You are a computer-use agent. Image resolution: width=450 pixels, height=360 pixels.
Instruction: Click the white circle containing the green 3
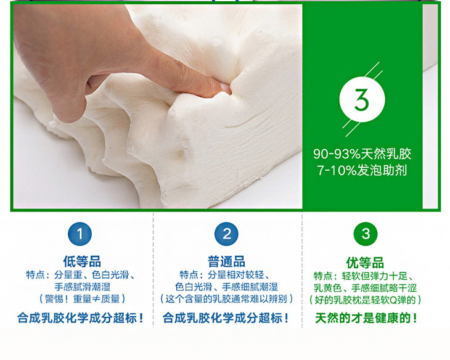coord(362,100)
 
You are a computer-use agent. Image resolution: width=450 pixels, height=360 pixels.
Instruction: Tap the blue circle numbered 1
coord(80,234)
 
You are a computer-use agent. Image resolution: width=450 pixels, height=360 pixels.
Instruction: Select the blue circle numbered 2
coord(226,234)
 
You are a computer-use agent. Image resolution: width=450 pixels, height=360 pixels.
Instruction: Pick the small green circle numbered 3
coord(366,234)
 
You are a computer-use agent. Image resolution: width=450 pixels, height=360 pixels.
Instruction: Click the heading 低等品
coord(82,261)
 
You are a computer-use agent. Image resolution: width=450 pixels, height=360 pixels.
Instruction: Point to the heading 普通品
coord(226,261)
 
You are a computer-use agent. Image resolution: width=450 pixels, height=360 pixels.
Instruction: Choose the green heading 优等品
coord(365,263)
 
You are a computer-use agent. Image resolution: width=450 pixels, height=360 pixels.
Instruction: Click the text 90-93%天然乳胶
coord(362,154)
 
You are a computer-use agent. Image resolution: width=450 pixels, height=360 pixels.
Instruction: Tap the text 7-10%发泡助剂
coord(362,170)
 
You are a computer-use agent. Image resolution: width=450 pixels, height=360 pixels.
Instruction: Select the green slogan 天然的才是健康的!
coord(366,318)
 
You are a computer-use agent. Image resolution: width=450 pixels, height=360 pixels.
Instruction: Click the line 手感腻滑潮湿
coord(83,287)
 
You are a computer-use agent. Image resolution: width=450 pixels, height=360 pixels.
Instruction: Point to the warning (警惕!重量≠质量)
coord(83,299)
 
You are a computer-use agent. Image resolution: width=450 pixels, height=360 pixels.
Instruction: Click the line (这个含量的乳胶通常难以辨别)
coord(226,299)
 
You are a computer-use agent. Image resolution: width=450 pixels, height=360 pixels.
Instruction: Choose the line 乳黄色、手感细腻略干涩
coord(365,288)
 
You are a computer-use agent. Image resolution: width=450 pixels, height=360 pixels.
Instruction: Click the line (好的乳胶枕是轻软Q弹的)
coord(365,300)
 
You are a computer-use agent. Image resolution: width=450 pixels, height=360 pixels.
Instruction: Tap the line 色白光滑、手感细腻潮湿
coord(226,287)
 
